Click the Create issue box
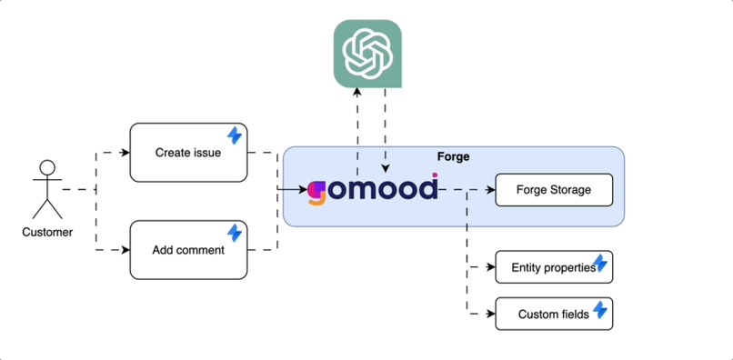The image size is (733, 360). tap(188, 153)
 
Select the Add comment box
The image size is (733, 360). tap(188, 249)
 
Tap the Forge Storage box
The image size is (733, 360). tap(553, 190)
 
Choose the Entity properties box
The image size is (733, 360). tap(553, 267)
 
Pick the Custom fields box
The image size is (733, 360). tap(553, 314)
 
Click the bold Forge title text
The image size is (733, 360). tap(453, 156)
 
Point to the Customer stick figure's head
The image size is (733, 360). tap(46, 168)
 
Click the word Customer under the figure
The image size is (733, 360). tap(47, 232)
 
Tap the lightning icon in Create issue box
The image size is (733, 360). tap(235, 135)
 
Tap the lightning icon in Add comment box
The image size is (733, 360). tap(235, 233)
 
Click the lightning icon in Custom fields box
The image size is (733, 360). tap(600, 311)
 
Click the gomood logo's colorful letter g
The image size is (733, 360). tap(316, 192)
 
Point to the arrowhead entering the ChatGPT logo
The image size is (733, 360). tap(357, 92)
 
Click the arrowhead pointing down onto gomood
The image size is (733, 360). tap(386, 169)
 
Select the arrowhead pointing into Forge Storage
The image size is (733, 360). tap(490, 190)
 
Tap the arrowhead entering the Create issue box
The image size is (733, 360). tap(125, 153)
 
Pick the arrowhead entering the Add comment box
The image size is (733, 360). tap(125, 249)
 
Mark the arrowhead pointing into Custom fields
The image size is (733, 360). tap(490, 314)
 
